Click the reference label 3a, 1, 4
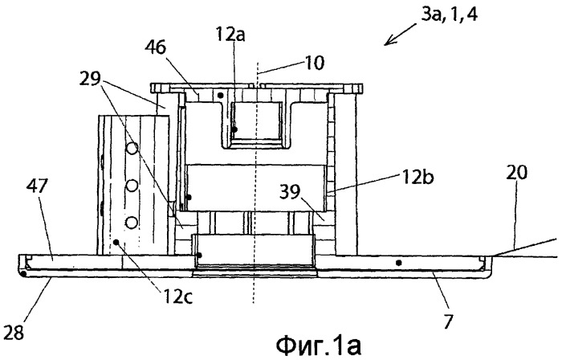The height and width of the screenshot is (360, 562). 449,16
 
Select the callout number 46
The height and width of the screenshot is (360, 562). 156,47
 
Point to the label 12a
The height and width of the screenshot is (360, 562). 230,35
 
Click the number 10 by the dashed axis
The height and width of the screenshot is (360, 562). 313,63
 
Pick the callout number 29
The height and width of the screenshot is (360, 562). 90,80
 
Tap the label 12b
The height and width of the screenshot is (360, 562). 417,177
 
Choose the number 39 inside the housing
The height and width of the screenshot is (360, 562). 291,193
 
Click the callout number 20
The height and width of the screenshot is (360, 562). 517,173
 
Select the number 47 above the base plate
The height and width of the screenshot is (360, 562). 38,186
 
